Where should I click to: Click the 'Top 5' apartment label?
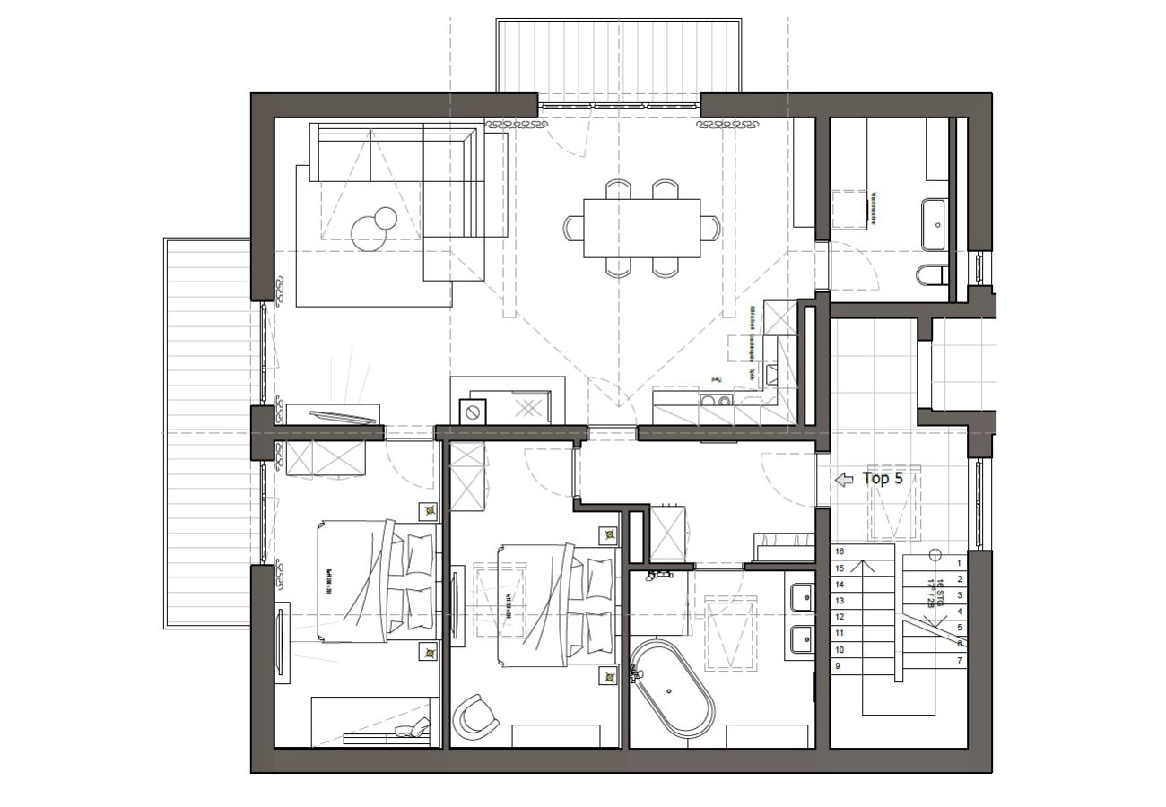tap(883, 479)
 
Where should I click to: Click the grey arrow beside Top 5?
tap(844, 480)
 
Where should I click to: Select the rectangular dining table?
tap(642, 228)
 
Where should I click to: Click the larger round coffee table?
tap(370, 236)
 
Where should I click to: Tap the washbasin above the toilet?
tap(934, 223)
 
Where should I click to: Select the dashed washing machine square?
tap(850, 209)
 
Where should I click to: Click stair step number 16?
tap(840, 552)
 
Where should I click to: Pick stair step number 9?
tap(838, 666)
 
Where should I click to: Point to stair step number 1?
tap(959, 563)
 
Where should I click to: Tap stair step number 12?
tap(840, 617)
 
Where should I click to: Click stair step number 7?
tap(960, 661)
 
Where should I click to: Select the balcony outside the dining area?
tap(619, 56)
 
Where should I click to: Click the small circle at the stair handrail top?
tap(935, 555)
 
